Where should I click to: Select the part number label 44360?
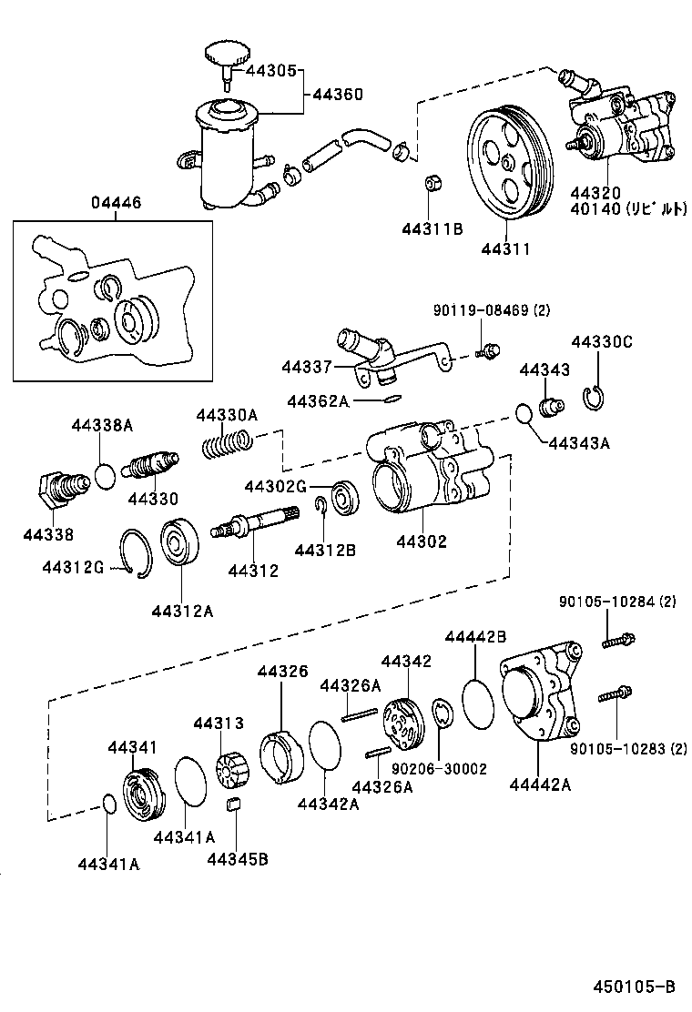tap(338, 94)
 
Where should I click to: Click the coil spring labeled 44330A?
tap(225, 445)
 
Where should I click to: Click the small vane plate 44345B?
tap(233, 803)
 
